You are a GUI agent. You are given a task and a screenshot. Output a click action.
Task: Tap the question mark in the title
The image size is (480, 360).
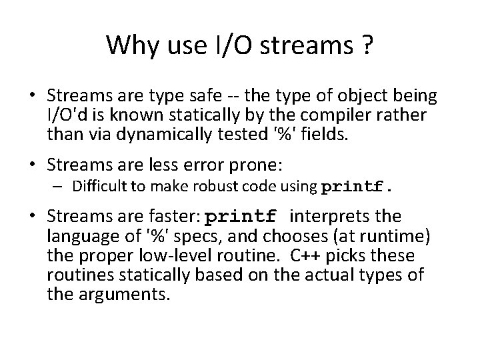pyautogui.click(x=367, y=45)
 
